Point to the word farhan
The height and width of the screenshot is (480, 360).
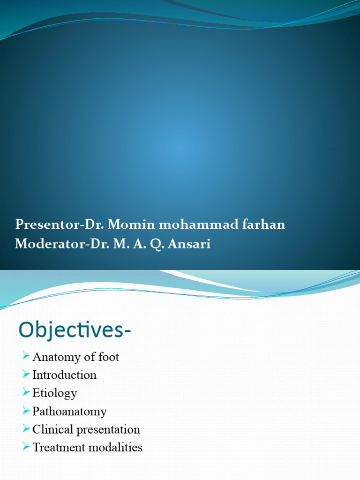click(x=264, y=225)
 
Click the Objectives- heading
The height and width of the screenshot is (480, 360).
click(x=75, y=330)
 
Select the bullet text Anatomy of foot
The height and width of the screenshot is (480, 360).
click(x=75, y=357)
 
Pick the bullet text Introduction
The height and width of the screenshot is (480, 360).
click(x=64, y=375)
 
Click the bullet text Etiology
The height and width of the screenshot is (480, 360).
click(x=54, y=393)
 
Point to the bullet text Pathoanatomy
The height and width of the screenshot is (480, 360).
click(x=69, y=412)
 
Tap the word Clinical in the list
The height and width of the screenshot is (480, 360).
click(x=52, y=429)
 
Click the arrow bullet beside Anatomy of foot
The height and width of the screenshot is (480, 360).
click(x=26, y=357)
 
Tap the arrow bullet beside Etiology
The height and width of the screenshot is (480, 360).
click(x=26, y=392)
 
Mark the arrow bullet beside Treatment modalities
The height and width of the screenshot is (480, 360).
click(x=26, y=447)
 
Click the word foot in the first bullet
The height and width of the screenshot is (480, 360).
click(x=109, y=357)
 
